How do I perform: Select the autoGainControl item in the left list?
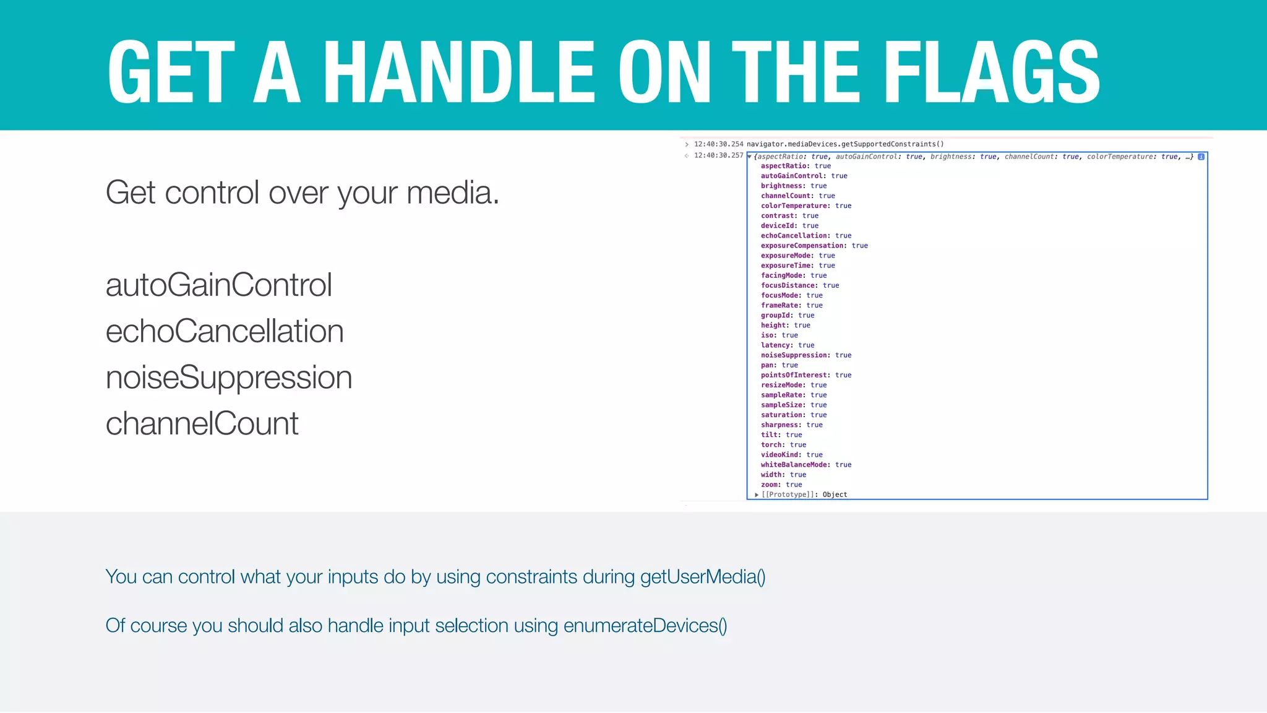218,285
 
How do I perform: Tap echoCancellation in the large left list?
224,331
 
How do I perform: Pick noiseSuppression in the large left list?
228,378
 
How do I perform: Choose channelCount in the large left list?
202,424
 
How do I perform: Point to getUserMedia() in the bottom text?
703,577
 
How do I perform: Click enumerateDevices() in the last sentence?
645,626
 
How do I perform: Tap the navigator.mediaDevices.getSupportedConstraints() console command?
845,144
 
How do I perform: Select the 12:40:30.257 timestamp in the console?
718,155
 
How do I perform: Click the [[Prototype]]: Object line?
804,495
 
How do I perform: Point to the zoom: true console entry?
781,485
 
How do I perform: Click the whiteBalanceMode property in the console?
795,465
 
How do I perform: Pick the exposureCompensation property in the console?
802,246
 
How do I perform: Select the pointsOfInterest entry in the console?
794,375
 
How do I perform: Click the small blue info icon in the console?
1201,157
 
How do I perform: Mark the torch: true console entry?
783,445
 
